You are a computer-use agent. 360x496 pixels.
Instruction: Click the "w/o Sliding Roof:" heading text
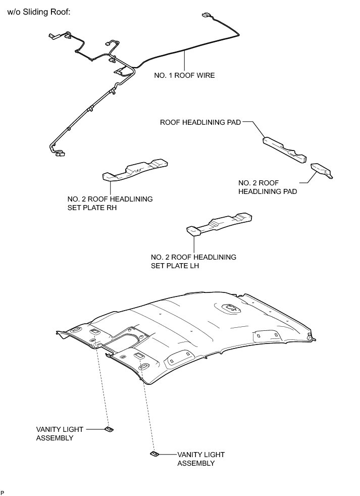[x=38, y=12]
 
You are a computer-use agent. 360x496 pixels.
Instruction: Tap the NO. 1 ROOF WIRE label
[x=184, y=75]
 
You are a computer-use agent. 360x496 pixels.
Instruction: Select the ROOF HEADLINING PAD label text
[x=200, y=122]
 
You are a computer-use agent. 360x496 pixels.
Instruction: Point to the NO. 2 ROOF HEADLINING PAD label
[x=267, y=187]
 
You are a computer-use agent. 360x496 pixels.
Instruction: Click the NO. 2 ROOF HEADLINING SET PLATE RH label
[x=110, y=204]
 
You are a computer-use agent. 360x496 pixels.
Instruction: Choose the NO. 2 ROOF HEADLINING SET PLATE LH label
[x=193, y=261]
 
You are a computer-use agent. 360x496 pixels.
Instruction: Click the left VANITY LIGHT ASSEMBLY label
[x=60, y=433]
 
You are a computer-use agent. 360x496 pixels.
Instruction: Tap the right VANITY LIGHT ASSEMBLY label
[x=200, y=459]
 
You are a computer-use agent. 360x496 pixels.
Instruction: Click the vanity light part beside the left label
[x=109, y=429]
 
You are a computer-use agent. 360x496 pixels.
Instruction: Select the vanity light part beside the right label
[x=155, y=454]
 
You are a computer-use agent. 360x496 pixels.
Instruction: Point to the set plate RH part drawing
[x=135, y=170]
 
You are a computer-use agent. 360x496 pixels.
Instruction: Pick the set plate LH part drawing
[x=220, y=224]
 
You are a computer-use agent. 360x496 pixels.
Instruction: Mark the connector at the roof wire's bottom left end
[x=59, y=153]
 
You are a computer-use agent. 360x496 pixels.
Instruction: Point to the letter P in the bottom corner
[x=3, y=492]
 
